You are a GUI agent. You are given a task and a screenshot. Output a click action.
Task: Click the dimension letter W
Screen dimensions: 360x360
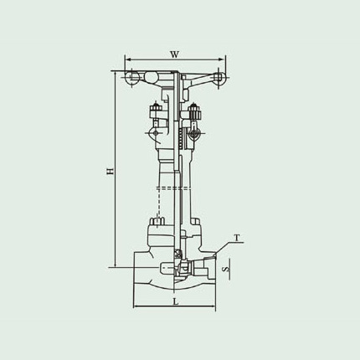[x=174, y=54]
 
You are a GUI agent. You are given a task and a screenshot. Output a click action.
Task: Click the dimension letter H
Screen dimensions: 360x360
[x=111, y=171]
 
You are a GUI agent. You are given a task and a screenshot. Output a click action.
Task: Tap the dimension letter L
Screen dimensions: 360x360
[x=175, y=301]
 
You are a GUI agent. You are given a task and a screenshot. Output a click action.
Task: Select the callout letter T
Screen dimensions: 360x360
[x=237, y=238]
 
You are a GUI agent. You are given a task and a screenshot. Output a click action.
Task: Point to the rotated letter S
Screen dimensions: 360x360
[x=226, y=270]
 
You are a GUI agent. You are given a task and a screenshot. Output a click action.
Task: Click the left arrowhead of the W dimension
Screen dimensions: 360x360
[x=127, y=59]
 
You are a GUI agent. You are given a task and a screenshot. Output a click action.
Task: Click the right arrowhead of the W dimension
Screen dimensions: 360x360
[x=221, y=59]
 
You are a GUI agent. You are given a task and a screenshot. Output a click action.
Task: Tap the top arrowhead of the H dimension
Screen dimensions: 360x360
[x=115, y=74]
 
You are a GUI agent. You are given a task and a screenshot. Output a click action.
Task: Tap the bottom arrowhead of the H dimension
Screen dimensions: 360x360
[x=115, y=265]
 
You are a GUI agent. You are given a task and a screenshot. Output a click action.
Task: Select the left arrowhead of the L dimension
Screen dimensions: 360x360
[x=136, y=307]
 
